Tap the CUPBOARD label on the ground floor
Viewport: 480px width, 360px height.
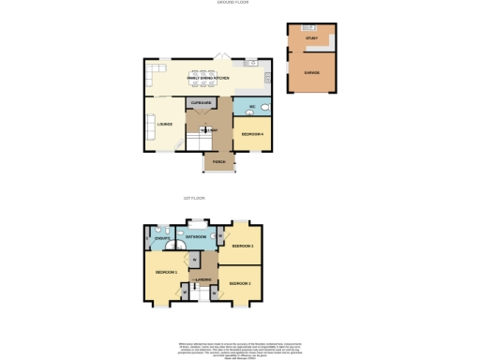(x=200, y=103)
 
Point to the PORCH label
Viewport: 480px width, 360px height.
(x=218, y=161)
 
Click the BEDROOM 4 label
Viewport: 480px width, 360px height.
(x=251, y=134)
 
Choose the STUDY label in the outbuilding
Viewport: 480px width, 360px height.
(x=310, y=38)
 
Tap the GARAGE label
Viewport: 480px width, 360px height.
(x=310, y=71)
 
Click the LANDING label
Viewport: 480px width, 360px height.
(x=202, y=279)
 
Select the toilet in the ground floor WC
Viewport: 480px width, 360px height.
(x=263, y=107)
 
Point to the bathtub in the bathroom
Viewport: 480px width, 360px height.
(x=197, y=227)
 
